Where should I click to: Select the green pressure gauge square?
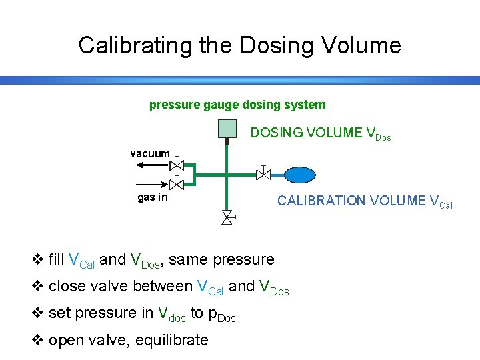227,129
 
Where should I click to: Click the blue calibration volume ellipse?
300,175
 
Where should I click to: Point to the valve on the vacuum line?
177,164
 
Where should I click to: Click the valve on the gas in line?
177,183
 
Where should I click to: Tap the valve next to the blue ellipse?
264,174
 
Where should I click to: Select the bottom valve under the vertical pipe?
227,216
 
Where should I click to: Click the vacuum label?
150,153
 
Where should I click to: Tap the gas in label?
153,197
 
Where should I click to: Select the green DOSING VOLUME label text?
320,133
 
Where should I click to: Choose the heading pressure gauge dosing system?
237,105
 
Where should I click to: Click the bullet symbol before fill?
37,259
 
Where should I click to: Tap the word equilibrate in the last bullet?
171,340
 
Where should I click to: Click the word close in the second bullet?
66,286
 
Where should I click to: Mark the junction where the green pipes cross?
227,175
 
